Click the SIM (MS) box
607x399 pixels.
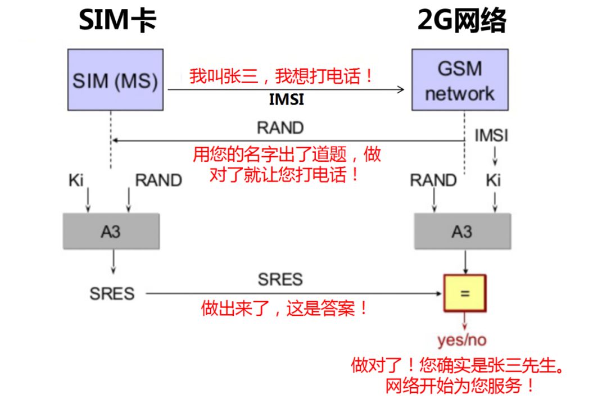click(115, 79)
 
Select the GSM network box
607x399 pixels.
click(460, 79)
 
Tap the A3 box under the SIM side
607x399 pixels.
click(111, 231)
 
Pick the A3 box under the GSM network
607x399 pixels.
click(462, 231)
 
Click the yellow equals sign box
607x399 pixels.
click(464, 293)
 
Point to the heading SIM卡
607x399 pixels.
click(117, 21)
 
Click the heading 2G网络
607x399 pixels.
click(461, 21)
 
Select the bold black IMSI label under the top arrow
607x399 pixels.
click(286, 101)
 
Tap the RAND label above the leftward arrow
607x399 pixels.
click(280, 128)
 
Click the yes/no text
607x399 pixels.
click(462, 340)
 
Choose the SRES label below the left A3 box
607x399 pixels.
click(112, 293)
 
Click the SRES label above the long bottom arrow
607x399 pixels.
click(280, 279)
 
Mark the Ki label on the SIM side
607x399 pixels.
click(76, 180)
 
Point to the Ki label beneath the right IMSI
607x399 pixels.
click(493, 180)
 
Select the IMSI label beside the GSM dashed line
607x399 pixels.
click(491, 135)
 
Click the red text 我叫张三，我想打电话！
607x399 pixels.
click(282, 76)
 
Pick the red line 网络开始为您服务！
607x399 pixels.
click(460, 386)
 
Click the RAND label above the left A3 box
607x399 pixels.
click(158, 180)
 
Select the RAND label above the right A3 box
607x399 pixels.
click(433, 180)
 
